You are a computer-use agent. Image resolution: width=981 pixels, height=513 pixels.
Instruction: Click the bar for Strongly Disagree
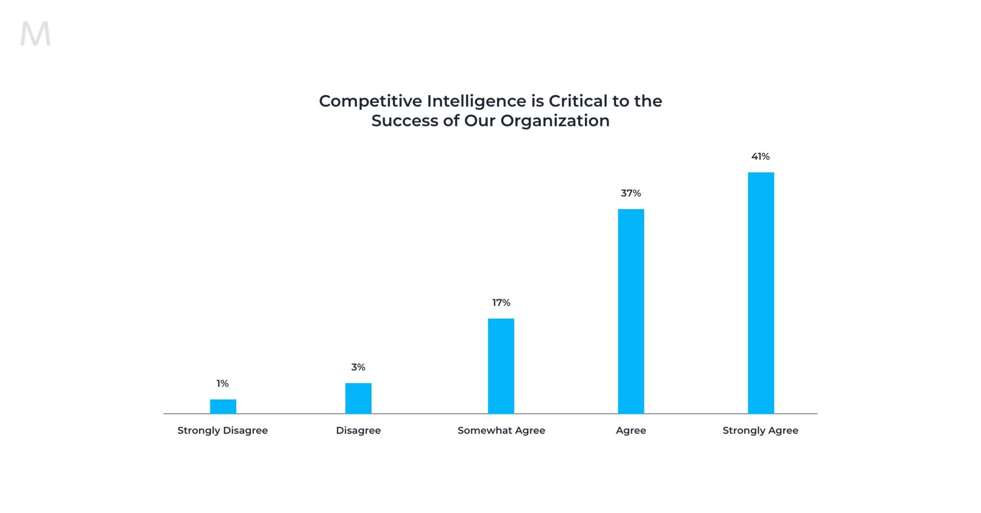[x=223, y=406]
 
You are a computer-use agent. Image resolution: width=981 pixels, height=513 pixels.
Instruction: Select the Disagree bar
[x=358, y=398]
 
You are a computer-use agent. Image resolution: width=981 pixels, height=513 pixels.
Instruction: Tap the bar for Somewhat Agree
[x=501, y=366]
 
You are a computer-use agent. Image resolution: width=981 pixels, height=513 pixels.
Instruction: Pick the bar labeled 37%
[x=631, y=311]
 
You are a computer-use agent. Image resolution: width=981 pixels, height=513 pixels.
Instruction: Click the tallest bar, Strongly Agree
[x=761, y=293]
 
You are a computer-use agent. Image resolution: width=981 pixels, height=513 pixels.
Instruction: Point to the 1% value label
[x=223, y=383]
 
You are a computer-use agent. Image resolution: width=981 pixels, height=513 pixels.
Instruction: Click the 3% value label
[x=358, y=367]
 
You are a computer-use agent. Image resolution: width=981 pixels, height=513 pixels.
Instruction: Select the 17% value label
[x=501, y=302]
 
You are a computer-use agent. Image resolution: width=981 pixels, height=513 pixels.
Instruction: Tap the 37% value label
[x=631, y=193]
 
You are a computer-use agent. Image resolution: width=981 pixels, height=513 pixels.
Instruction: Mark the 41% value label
[x=761, y=156]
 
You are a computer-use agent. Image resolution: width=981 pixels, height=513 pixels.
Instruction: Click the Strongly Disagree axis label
[x=223, y=430]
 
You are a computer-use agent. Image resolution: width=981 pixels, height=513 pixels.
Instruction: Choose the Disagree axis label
[x=358, y=430]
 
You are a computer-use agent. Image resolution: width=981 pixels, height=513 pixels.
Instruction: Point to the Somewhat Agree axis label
[x=501, y=430]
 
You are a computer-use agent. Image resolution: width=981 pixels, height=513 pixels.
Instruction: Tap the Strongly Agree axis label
[x=761, y=430]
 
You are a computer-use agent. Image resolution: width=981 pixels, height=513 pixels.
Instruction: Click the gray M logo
[x=35, y=34]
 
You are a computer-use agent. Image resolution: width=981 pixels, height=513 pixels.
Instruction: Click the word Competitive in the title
[x=370, y=101]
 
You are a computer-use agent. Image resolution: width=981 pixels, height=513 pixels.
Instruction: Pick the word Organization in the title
[x=555, y=121]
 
